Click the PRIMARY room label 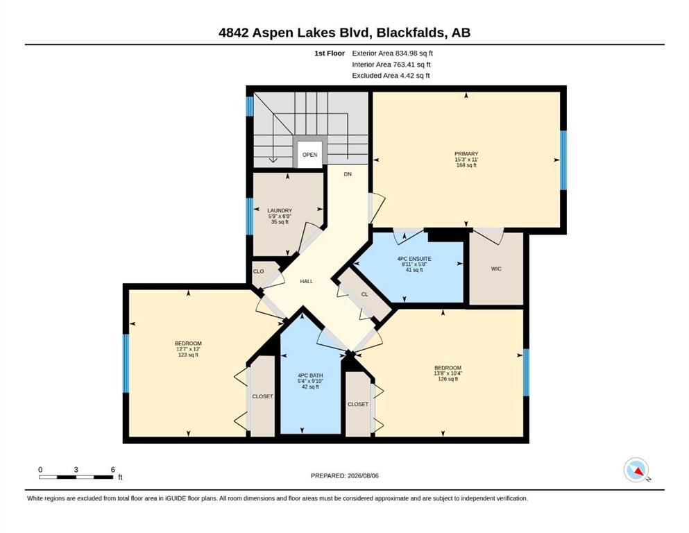pyautogui.click(x=466, y=154)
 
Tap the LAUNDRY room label pyautogui.click(x=280, y=210)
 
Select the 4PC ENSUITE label pyautogui.click(x=414, y=259)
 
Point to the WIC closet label pyautogui.click(x=496, y=269)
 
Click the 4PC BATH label pyautogui.click(x=310, y=375)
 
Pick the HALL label pyautogui.click(x=306, y=281)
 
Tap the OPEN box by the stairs pyautogui.click(x=309, y=155)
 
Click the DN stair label pyautogui.click(x=348, y=174)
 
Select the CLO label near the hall pyautogui.click(x=258, y=271)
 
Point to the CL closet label pyautogui.click(x=364, y=294)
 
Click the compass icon pyautogui.click(x=636, y=470)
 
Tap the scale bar pyautogui.click(x=76, y=477)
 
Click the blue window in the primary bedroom pyautogui.click(x=563, y=160)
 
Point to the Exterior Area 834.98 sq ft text pyautogui.click(x=393, y=53)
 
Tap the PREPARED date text pyautogui.click(x=344, y=475)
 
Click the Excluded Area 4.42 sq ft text pyautogui.click(x=391, y=76)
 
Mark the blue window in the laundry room pyautogui.click(x=250, y=217)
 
